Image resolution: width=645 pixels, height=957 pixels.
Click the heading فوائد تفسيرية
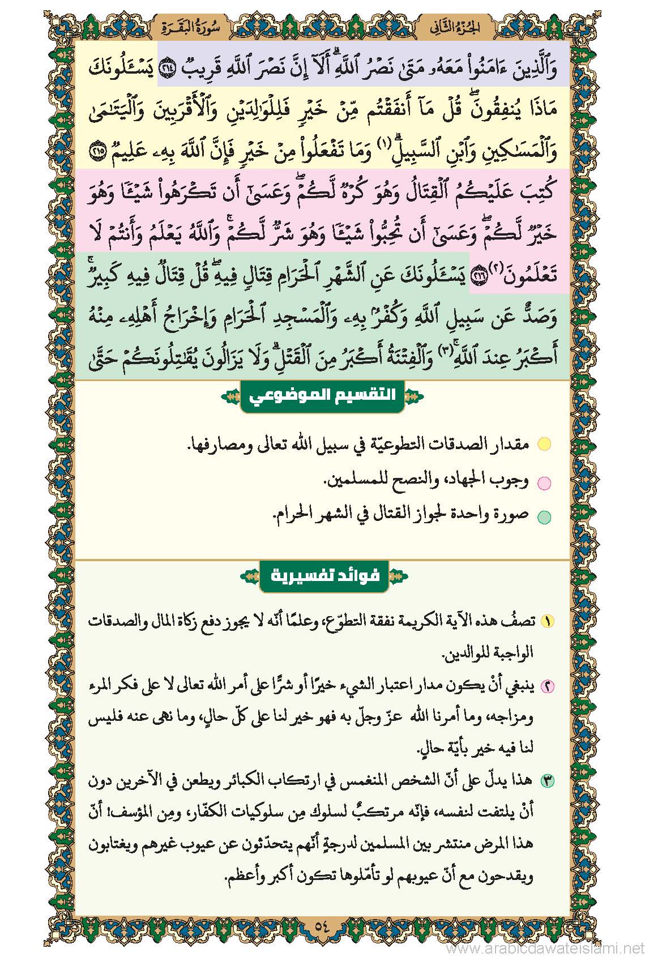[x=323, y=576]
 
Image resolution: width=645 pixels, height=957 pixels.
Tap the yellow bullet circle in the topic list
[x=544, y=444]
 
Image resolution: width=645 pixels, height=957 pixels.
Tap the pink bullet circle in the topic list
[x=544, y=482]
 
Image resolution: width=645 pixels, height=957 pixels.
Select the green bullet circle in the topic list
[x=544, y=516]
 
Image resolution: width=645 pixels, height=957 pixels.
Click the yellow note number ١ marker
[x=548, y=621]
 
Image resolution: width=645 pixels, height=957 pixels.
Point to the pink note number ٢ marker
[x=548, y=686]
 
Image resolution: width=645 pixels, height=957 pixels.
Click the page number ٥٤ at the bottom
[x=322, y=926]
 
